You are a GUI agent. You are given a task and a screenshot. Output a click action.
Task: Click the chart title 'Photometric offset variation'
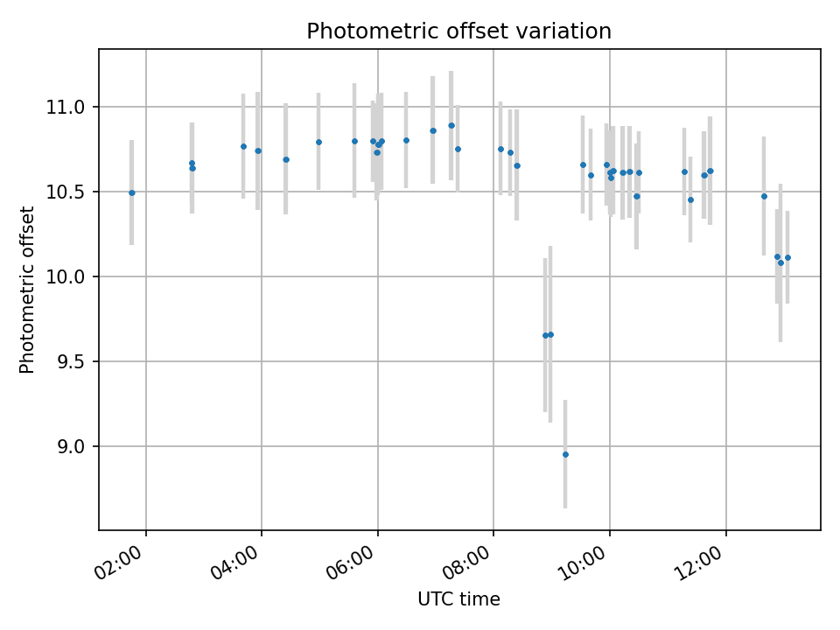[x=458, y=31]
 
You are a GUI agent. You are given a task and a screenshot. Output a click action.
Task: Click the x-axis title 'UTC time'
[x=458, y=599]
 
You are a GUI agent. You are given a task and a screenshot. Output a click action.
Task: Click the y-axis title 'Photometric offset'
[x=27, y=290]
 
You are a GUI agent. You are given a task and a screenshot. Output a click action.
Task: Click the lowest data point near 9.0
[x=565, y=454]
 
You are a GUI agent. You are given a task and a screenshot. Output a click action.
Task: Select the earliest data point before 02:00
[x=132, y=192]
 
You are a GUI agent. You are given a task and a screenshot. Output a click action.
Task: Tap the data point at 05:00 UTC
[x=318, y=142]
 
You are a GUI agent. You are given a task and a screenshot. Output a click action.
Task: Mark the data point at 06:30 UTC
[x=406, y=140]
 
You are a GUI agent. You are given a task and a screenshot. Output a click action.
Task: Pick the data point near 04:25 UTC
[x=286, y=159]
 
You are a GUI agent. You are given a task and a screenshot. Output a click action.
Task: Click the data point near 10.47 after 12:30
[x=764, y=196]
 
